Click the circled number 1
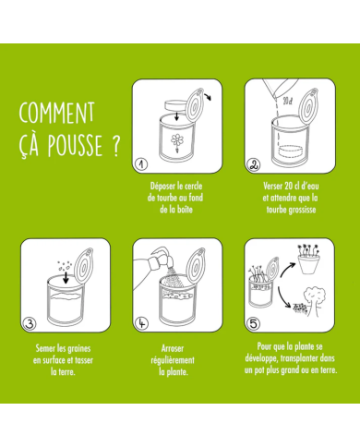(x=141, y=164)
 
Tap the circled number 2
(x=254, y=164)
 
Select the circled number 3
(x=30, y=324)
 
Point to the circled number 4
(x=141, y=323)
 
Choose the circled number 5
(x=253, y=324)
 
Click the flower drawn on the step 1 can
(x=177, y=142)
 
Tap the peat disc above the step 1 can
(x=176, y=105)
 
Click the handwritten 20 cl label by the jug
(x=287, y=101)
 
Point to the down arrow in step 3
(x=66, y=277)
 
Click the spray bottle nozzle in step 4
(x=164, y=258)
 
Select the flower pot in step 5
(x=308, y=263)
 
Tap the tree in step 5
(x=315, y=300)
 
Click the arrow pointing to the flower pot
(x=287, y=269)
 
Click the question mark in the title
(x=115, y=147)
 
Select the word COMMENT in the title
(x=57, y=113)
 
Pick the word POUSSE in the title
(x=75, y=145)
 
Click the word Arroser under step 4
(x=173, y=348)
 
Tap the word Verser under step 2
(x=273, y=186)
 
